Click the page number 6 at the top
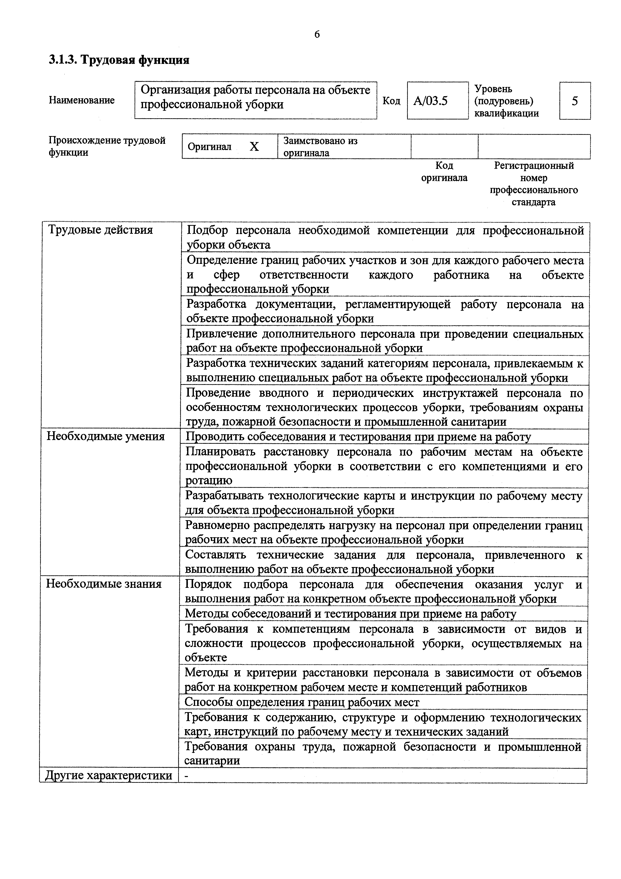tap(317, 35)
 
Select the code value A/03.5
tap(430, 101)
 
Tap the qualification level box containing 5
tap(575, 101)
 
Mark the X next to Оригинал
tap(254, 147)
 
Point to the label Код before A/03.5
tap(392, 101)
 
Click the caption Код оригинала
tap(444, 172)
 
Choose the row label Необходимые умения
tap(106, 436)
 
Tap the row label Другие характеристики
tap(109, 776)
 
